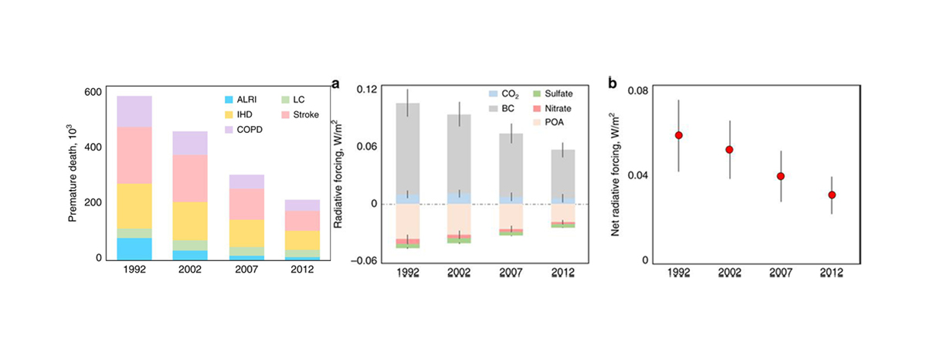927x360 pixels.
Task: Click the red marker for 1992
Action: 679,135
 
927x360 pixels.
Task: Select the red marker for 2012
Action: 832,195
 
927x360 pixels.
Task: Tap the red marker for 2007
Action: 781,176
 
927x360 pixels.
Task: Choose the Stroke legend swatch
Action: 285,114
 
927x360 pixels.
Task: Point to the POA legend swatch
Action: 538,121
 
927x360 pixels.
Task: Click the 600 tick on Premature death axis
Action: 92,92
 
